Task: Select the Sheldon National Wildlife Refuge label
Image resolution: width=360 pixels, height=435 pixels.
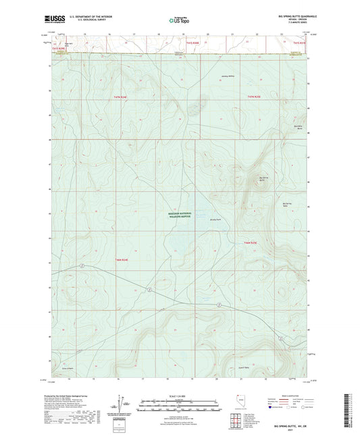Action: click(181, 211)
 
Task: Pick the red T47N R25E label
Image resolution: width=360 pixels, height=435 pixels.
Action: click(256, 98)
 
